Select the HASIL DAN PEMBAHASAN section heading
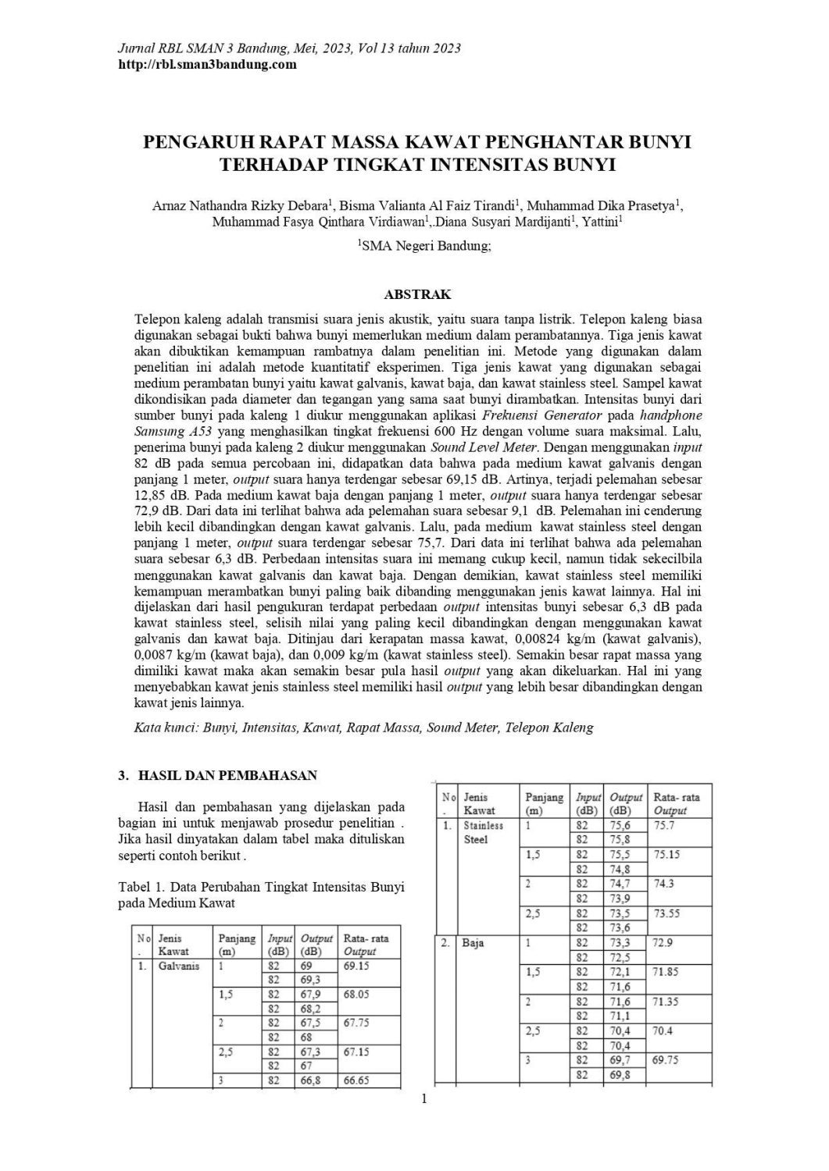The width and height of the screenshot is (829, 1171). pyautogui.click(x=227, y=775)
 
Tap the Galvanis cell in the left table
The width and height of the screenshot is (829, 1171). pyautogui.click(x=179, y=966)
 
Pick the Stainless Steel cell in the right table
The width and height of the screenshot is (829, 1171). pyautogui.click(x=484, y=832)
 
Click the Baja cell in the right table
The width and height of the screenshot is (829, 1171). pyautogui.click(x=473, y=943)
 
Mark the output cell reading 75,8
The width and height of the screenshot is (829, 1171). pyautogui.click(x=620, y=839)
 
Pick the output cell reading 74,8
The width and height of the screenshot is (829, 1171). pyautogui.click(x=620, y=869)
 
